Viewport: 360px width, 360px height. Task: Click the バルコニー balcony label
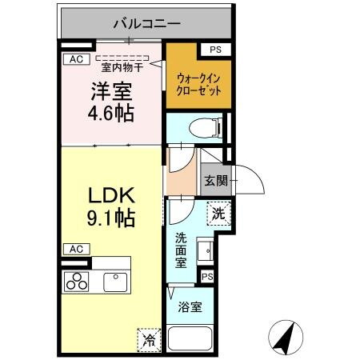pyautogui.click(x=147, y=23)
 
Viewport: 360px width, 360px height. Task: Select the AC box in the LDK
pyautogui.click(x=74, y=248)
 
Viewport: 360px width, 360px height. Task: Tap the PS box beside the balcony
pyautogui.click(x=214, y=50)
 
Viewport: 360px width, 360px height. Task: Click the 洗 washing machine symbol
pyautogui.click(x=218, y=214)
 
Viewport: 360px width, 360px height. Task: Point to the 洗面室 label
pyautogui.click(x=182, y=249)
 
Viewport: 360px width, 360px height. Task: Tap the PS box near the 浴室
pyautogui.click(x=208, y=276)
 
